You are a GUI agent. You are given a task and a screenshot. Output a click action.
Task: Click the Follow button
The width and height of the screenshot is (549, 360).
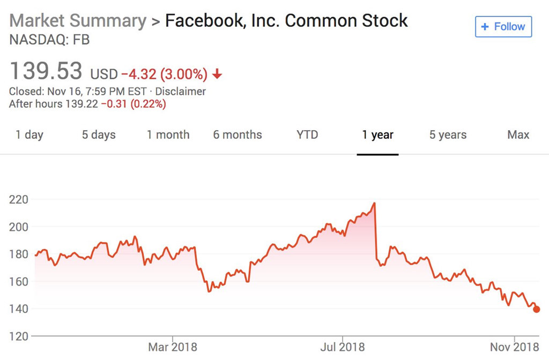(x=503, y=26)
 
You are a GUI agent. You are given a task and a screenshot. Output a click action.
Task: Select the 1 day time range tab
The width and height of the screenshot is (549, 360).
(x=29, y=135)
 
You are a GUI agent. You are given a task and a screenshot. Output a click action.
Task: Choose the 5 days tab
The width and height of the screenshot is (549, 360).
(x=99, y=135)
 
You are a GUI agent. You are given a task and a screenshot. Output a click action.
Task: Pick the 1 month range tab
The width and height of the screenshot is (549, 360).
(x=168, y=135)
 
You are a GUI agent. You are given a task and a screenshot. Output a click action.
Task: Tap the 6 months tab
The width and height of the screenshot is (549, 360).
(x=238, y=135)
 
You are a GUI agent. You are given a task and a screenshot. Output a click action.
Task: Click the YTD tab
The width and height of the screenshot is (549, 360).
(x=307, y=135)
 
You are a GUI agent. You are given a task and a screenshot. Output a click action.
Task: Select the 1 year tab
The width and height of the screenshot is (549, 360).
(x=377, y=135)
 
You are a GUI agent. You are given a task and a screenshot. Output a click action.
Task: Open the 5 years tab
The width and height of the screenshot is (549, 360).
(x=448, y=135)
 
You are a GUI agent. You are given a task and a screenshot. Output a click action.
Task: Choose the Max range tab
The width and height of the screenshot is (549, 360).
(x=518, y=135)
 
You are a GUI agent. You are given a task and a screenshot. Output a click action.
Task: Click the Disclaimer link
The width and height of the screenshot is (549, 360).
(x=181, y=92)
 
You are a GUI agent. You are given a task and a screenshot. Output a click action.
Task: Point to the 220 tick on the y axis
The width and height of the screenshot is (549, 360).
(x=19, y=199)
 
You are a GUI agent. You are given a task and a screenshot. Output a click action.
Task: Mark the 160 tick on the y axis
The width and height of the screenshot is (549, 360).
(x=19, y=281)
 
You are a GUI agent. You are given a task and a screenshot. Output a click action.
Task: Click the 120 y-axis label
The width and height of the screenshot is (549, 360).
(x=19, y=336)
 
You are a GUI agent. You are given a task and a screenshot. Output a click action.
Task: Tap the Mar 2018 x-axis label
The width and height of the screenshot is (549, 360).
(x=173, y=347)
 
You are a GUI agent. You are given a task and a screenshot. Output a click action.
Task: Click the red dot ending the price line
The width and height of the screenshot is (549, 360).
(x=537, y=309)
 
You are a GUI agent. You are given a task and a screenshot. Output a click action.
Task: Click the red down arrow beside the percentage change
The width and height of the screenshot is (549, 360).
(x=218, y=74)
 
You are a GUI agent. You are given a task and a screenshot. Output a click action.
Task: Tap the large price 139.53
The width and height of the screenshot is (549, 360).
(x=46, y=71)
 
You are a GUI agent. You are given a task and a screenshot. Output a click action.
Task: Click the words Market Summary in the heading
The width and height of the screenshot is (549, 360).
(x=78, y=21)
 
